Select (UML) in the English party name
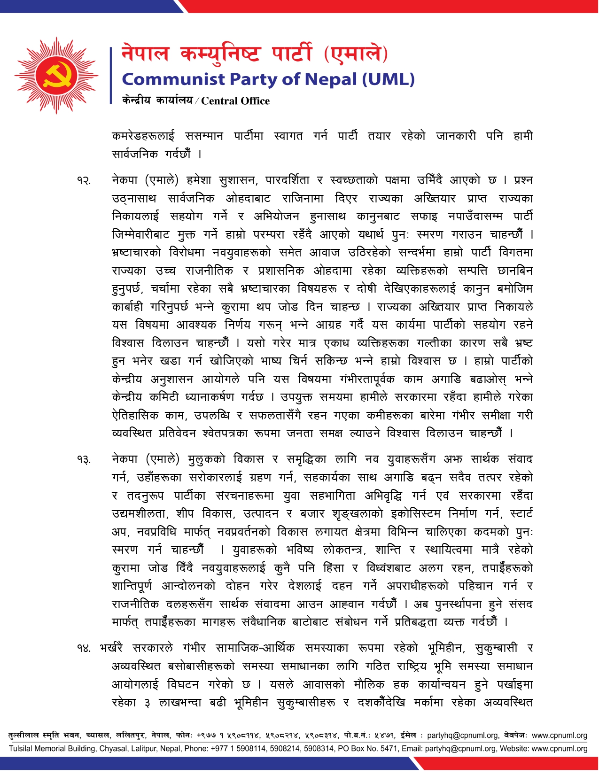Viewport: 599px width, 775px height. [x=388, y=79]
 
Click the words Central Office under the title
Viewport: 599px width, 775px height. [x=235, y=101]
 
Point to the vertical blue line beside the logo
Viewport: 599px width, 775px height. [x=111, y=75]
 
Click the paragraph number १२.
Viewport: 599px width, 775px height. [x=84, y=181]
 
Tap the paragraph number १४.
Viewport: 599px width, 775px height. [x=84, y=649]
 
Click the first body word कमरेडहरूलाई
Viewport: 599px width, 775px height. [x=143, y=136]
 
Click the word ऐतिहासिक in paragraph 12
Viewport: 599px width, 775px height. [x=135, y=415]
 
